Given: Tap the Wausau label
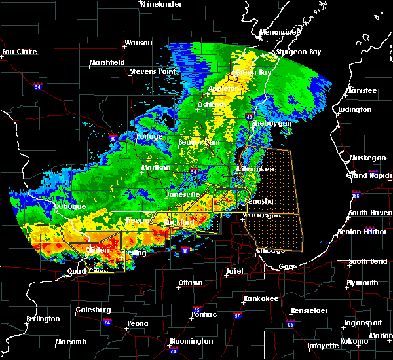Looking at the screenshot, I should [x=140, y=43].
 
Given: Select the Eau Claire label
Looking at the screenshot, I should [x=18, y=52].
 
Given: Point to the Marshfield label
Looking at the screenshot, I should [x=109, y=63].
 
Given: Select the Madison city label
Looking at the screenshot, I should [x=157, y=168].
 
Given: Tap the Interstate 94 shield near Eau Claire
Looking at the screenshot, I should [x=38, y=86].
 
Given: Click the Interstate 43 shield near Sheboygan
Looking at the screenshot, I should [x=250, y=116].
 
